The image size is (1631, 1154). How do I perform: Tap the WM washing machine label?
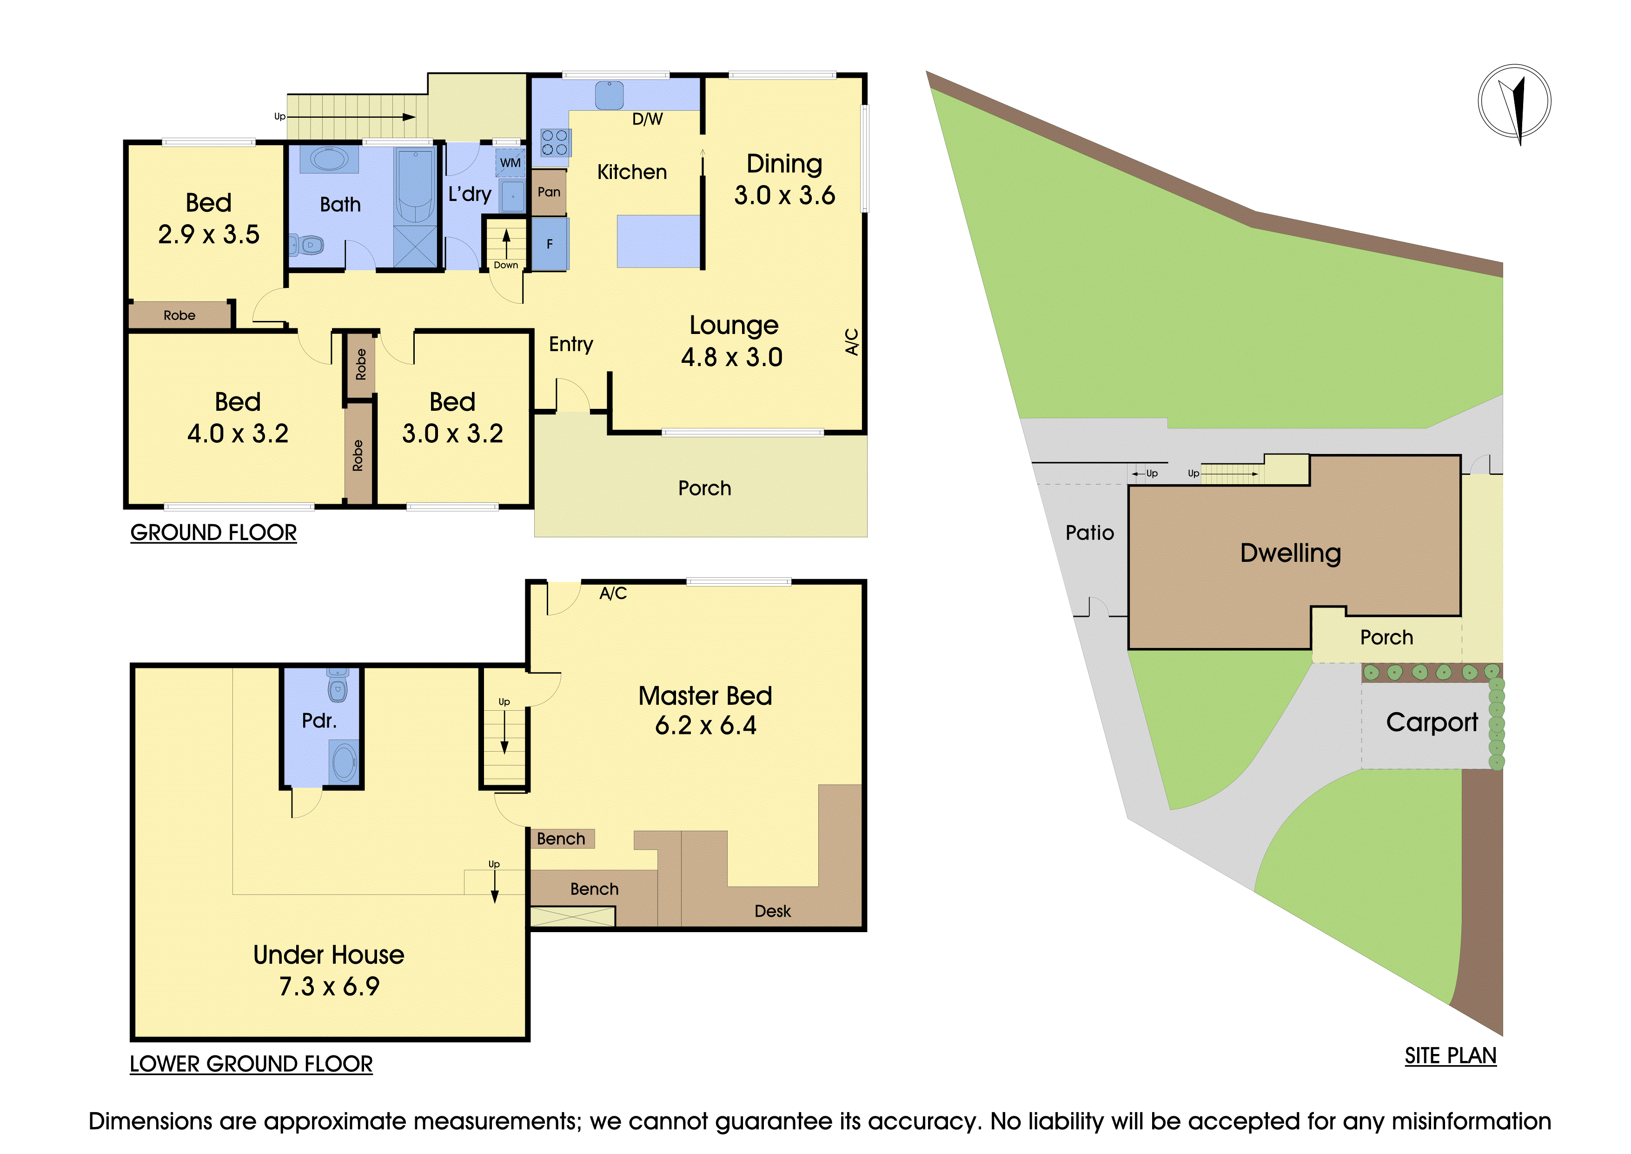point(510,163)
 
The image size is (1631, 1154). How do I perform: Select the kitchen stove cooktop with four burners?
point(554,142)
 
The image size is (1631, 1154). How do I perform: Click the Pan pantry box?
point(549,192)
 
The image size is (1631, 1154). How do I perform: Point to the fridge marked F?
point(550,244)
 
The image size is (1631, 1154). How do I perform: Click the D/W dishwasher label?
point(647,120)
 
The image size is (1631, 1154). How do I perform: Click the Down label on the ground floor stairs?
point(506,265)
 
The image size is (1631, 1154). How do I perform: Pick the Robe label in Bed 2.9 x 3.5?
point(180,315)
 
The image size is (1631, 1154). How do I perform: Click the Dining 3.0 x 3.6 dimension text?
point(784,195)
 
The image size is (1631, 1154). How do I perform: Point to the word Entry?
point(570,345)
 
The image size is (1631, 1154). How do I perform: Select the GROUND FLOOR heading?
point(213,533)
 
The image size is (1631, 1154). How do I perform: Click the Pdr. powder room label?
point(319,721)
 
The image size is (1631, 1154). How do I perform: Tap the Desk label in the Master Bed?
point(772,912)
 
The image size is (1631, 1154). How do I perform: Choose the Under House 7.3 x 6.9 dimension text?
point(329,986)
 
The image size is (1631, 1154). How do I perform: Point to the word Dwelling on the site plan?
point(1290,554)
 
